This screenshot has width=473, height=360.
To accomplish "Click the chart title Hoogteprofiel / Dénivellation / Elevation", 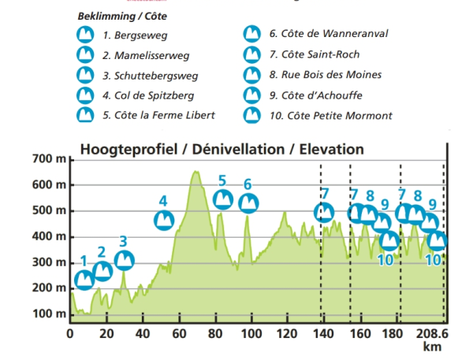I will pyautogui.click(x=222, y=149).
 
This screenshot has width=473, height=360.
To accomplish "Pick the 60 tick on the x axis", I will pyautogui.click(x=178, y=332).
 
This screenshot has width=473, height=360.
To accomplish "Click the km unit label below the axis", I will pyautogui.click(x=430, y=346).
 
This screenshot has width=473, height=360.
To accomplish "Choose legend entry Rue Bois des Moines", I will pyautogui.click(x=325, y=76).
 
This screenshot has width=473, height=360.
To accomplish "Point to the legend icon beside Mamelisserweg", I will pyautogui.click(x=84, y=55).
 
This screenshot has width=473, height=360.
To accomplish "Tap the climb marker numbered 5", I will pyautogui.click(x=223, y=199).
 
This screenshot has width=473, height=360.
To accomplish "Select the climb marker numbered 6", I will pyautogui.click(x=248, y=203).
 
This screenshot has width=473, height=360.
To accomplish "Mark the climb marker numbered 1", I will pyautogui.click(x=84, y=279).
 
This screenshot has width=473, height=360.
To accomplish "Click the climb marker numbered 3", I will pyautogui.click(x=124, y=260).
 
